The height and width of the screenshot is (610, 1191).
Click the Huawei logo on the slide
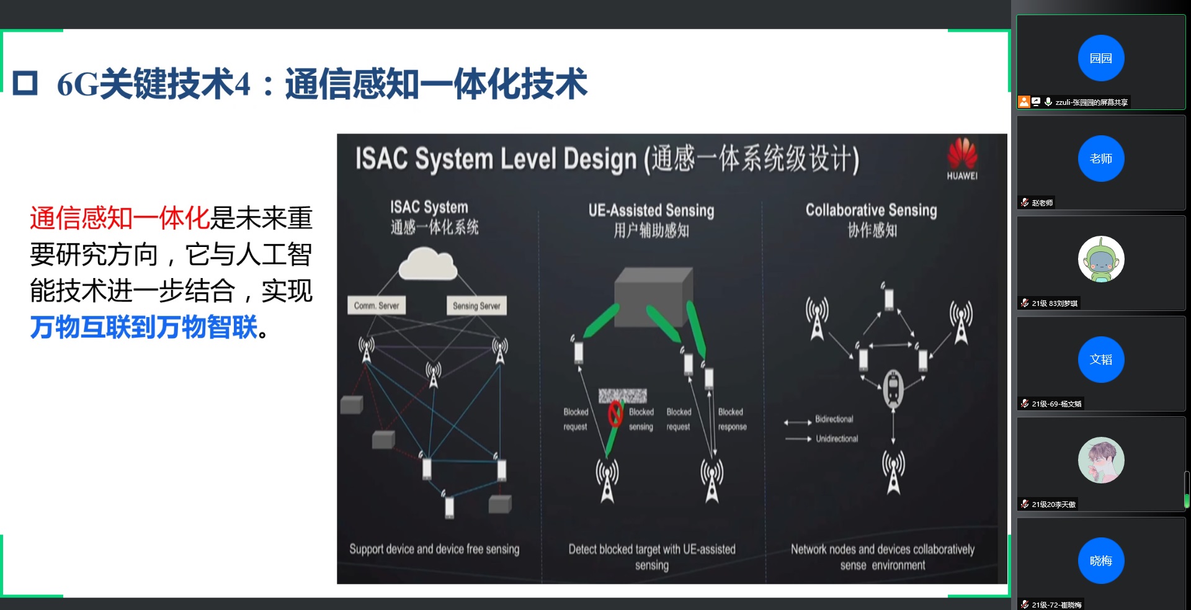961,158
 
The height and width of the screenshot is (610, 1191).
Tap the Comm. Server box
377,305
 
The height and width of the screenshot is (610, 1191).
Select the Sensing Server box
476,305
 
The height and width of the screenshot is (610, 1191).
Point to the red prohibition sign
615,413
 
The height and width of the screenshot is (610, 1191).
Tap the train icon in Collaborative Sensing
893,388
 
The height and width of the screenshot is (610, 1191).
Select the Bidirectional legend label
834,419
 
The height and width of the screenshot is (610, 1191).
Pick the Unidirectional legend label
836,439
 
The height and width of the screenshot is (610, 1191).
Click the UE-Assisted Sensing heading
651,211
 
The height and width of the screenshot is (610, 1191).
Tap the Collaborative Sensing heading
871,210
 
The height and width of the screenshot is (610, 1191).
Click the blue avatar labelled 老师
1100,158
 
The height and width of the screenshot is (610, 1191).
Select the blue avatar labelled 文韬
1100,359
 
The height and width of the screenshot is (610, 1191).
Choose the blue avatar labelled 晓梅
1100,560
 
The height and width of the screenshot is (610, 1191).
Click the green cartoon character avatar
1100,259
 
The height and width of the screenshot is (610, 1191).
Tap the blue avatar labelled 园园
1100,58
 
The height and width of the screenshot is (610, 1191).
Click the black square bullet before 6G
25,83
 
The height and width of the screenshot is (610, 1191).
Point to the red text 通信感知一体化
119,218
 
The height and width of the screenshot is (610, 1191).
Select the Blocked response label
732,419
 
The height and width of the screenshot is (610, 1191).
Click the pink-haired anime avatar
1100,460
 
